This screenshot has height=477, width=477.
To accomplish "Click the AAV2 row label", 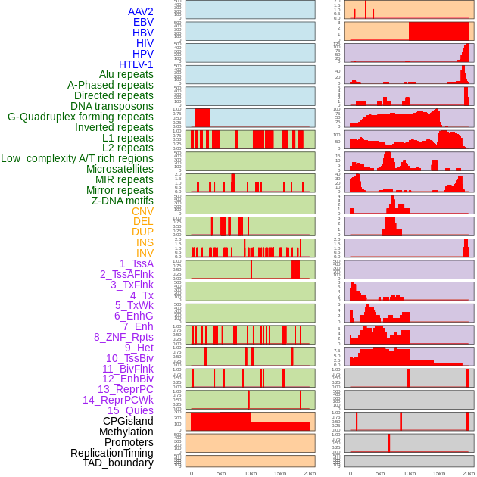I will point(140,11).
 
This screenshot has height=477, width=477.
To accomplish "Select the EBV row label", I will point(142,22).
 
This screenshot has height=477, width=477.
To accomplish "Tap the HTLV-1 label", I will point(136,64).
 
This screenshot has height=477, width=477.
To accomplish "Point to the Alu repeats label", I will point(126,74).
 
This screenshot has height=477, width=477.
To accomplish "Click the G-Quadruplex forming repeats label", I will point(80,117).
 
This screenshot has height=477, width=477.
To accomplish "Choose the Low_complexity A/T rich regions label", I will point(77,158).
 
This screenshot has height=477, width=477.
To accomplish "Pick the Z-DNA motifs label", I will point(122,201).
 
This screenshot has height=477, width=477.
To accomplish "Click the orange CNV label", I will point(142,211).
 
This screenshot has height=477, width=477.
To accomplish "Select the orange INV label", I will point(145,253).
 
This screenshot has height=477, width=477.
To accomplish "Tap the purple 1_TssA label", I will point(136,263).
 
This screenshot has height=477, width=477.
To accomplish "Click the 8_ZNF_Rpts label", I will point(123,337).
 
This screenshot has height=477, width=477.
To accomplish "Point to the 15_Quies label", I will point(130,410).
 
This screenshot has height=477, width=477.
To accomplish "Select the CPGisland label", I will point(128,421).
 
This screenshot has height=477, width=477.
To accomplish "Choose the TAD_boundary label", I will point(118,463).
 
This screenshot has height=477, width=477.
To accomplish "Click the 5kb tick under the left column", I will point(221,473).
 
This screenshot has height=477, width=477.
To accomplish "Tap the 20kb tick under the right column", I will point(469,473).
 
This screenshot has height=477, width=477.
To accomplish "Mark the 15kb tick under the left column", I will point(280,473).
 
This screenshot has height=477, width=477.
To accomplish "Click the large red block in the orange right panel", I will point(438,31).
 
